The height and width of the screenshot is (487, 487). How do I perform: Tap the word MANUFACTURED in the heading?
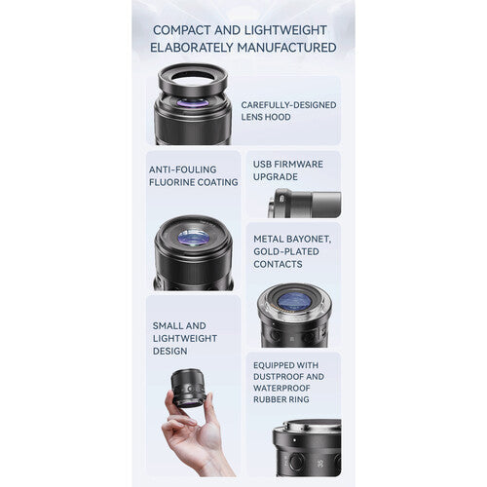(x=286, y=48)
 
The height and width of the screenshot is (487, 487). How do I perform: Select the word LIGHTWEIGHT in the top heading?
(x=285, y=30)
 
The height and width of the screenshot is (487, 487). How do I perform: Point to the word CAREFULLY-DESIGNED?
(x=288, y=105)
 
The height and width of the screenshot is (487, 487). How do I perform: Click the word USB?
(x=262, y=165)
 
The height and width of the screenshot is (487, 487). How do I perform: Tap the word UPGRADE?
(x=276, y=177)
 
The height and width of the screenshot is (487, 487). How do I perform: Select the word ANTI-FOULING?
(x=182, y=169)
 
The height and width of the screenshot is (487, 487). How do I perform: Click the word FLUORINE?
(x=171, y=182)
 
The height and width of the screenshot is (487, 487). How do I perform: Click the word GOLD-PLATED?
(x=286, y=251)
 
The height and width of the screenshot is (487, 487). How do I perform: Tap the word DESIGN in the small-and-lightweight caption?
(x=169, y=351)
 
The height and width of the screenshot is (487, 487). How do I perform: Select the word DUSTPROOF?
(x=279, y=377)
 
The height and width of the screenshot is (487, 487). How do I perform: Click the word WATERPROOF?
(x=281, y=388)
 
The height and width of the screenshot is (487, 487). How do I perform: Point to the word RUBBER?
(x=267, y=399)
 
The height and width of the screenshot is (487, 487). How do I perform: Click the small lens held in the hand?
(x=188, y=388)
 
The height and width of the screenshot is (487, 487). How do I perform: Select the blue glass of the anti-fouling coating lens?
(x=194, y=238)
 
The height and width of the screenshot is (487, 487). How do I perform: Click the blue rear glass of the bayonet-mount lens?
(x=294, y=300)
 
